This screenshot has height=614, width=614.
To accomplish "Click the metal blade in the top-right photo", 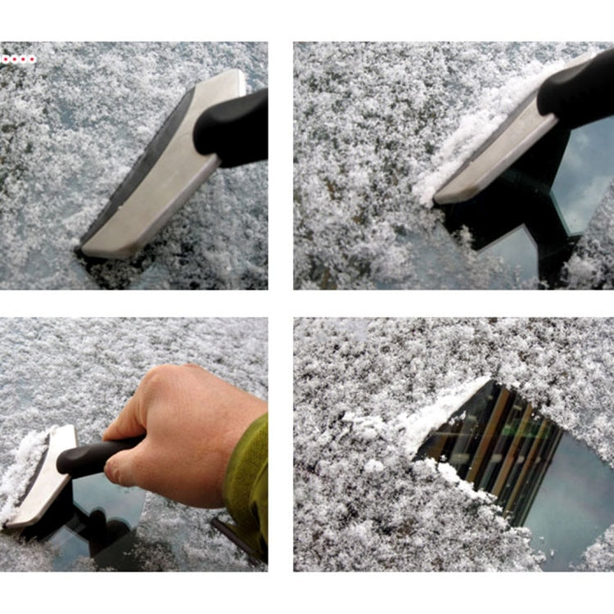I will point(499,151).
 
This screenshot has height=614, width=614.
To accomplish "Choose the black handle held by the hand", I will point(90,457).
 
